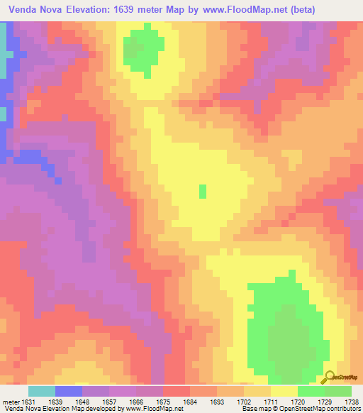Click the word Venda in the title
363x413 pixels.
click(x=23, y=9)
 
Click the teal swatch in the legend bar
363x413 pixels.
click(x=41, y=390)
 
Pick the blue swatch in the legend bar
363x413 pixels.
click(x=68, y=390)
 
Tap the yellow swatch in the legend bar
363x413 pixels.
click(x=284, y=390)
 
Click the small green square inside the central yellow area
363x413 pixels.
click(x=203, y=191)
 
